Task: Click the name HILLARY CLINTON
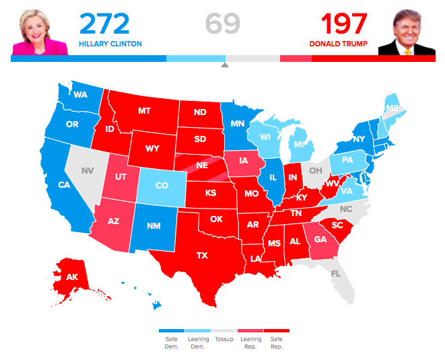click(x=110, y=44)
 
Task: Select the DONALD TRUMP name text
click(x=339, y=44)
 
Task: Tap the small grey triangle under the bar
click(x=225, y=65)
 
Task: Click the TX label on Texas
click(x=202, y=256)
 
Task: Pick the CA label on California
click(x=64, y=185)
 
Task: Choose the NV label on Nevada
click(x=88, y=170)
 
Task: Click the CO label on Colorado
click(x=162, y=186)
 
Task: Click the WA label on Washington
click(x=80, y=95)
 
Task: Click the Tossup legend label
click(x=224, y=339)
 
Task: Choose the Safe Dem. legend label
click(x=172, y=343)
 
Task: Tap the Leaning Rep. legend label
click(x=250, y=343)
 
